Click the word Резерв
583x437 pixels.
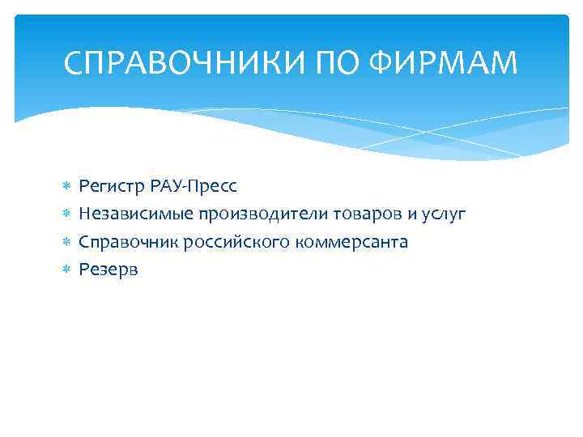point(109,269)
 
